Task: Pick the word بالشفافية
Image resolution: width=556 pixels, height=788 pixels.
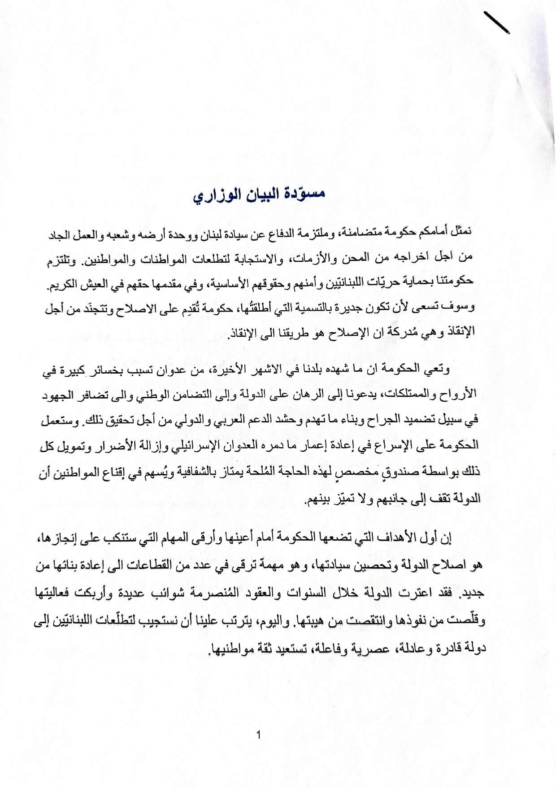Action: [191, 471]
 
